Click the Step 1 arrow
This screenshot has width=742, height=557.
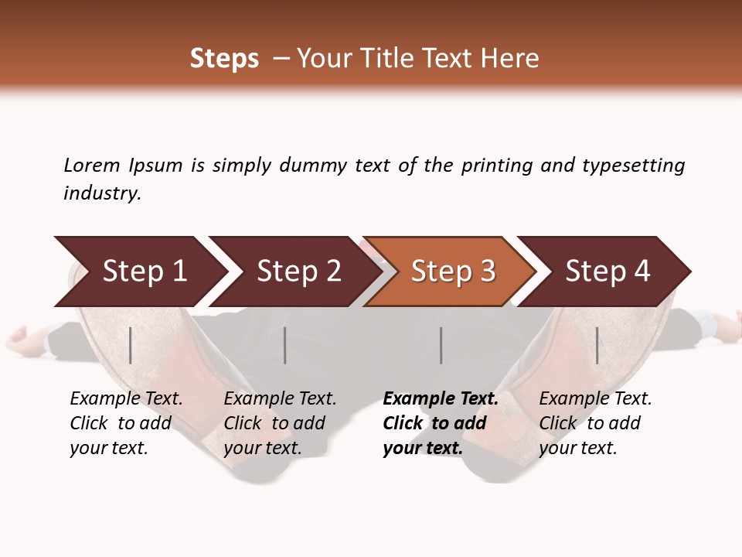(144, 272)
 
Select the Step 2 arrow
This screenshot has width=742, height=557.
(298, 272)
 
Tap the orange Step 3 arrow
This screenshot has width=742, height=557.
(453, 272)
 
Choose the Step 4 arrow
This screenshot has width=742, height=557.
(608, 272)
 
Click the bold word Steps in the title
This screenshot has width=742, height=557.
(224, 59)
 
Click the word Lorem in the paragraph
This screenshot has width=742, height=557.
(92, 165)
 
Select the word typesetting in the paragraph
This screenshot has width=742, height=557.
(633, 165)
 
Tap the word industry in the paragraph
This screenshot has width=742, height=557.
(102, 193)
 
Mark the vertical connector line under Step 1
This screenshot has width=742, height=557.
(131, 345)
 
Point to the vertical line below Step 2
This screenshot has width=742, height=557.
(285, 345)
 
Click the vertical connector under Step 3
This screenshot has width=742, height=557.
(441, 345)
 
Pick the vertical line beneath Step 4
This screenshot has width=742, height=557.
(597, 345)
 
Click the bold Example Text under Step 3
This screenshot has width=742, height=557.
(441, 398)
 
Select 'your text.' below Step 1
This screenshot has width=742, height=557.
(108, 448)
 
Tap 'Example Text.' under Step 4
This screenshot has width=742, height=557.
(595, 398)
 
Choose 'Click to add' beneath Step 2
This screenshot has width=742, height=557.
(274, 423)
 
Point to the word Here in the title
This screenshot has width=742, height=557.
(511, 59)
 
